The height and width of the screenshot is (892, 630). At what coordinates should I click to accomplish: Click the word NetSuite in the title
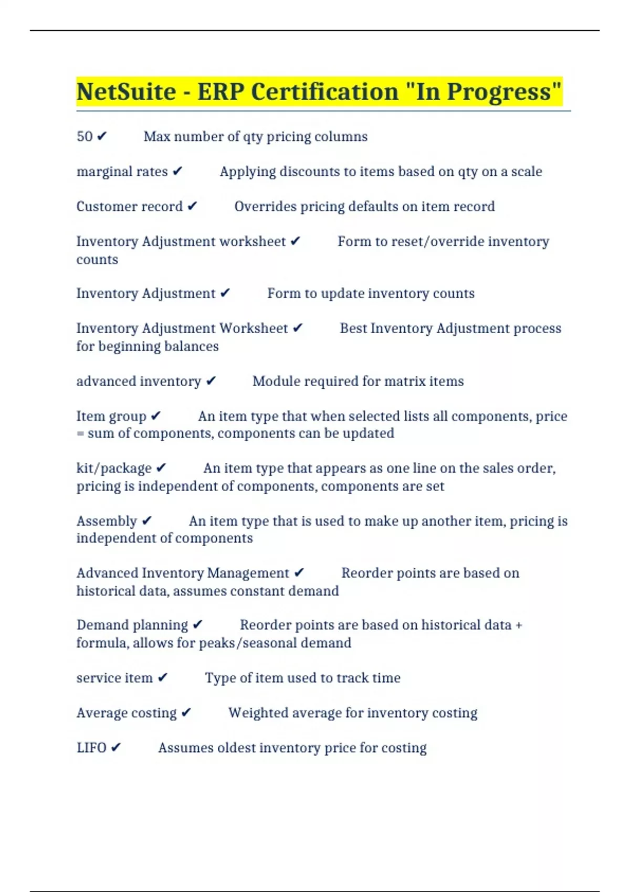tap(126, 92)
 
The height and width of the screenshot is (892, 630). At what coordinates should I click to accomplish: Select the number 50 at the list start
tap(85, 136)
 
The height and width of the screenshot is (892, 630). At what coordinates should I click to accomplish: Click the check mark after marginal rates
tap(177, 172)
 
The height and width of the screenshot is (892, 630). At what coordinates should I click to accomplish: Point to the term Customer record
tap(129, 207)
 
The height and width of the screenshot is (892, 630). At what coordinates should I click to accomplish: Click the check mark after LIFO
tap(116, 748)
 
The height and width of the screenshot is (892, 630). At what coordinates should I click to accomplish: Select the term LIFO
tap(91, 748)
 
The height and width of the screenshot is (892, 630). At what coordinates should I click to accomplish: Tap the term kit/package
tap(114, 468)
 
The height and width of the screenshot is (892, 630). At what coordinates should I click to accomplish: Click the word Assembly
tap(107, 521)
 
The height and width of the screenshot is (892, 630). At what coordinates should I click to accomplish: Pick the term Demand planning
tap(132, 625)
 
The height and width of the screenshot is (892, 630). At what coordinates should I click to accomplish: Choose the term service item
tap(114, 678)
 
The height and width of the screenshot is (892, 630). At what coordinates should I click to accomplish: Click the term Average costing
tap(127, 713)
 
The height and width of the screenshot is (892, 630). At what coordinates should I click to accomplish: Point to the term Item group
tap(111, 416)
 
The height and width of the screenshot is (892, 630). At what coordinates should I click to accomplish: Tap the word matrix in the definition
tap(405, 381)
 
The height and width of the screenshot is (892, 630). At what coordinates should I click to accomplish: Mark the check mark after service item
tap(163, 678)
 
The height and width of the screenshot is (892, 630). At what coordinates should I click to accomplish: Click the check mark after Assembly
tap(146, 521)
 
